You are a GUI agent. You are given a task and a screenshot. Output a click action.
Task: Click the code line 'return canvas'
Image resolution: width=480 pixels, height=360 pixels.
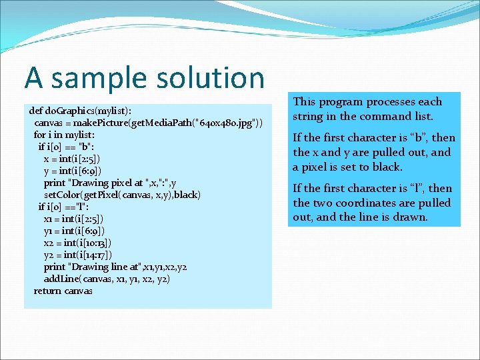63,291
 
